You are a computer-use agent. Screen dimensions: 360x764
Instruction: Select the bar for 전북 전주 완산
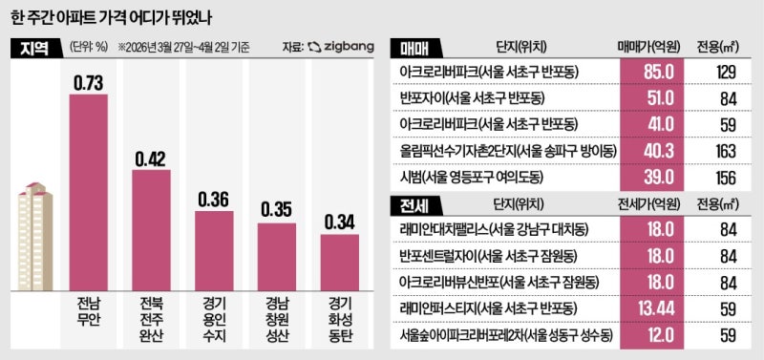click(x=151, y=226)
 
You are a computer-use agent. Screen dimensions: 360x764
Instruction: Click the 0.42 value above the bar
click(x=151, y=159)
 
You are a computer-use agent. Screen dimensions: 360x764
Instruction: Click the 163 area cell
click(x=725, y=150)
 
